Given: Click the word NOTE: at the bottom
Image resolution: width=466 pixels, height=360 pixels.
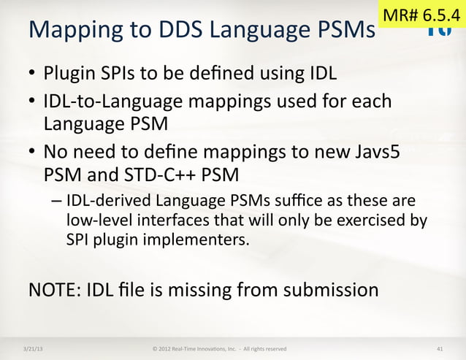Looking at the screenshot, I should (x=53, y=289).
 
